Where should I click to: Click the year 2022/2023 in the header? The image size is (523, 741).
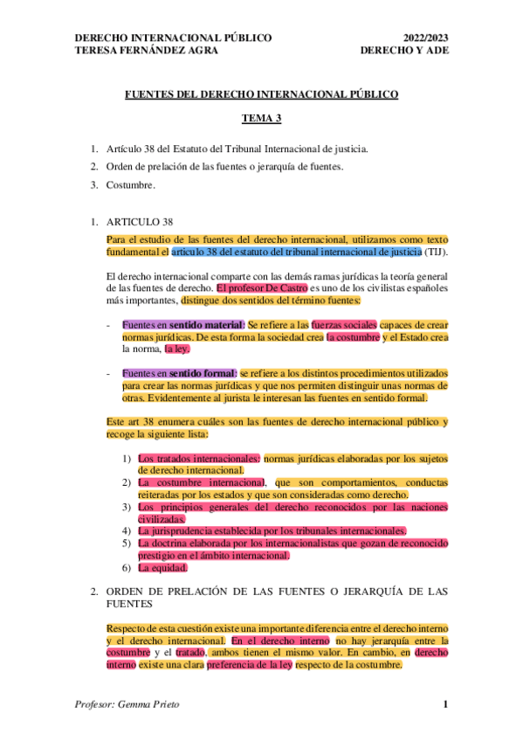(424, 38)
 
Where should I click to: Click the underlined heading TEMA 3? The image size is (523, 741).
(261, 116)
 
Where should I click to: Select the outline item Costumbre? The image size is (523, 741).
(129, 184)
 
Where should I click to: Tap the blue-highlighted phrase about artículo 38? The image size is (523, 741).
(297, 253)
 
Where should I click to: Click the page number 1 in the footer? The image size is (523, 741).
(445, 705)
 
